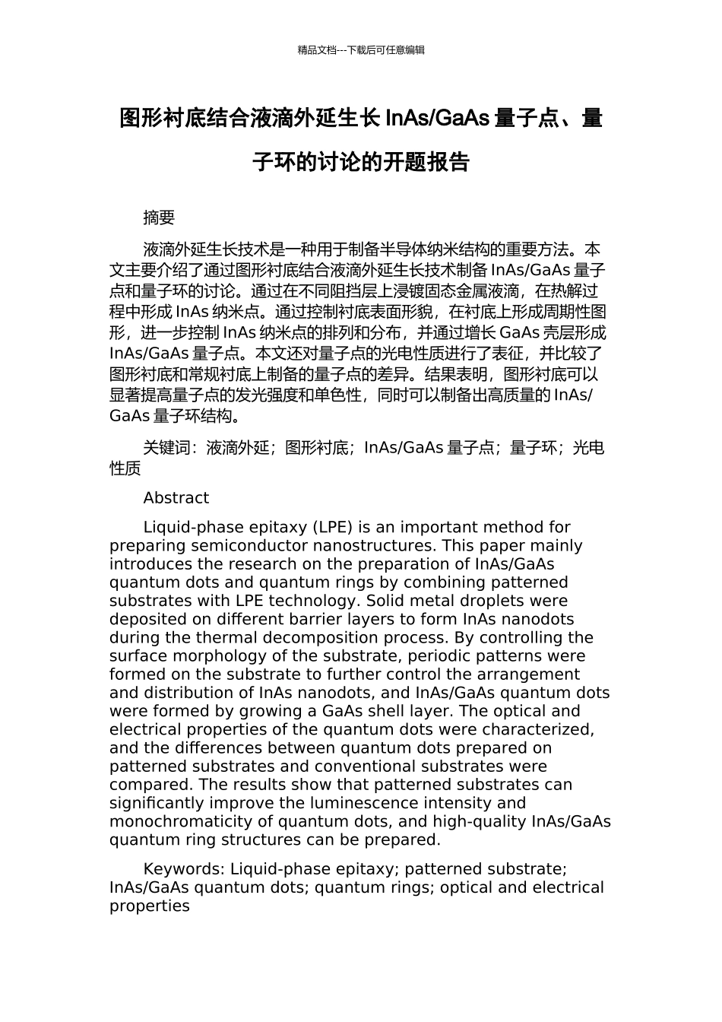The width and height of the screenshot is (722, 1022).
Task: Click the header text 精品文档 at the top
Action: pos(317,50)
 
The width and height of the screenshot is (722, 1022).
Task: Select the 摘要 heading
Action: pos(159,217)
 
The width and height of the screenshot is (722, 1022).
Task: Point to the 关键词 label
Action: pos(166,448)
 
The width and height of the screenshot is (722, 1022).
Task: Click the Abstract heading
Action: pos(176,498)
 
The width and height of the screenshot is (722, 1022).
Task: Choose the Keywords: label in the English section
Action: pos(184,869)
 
